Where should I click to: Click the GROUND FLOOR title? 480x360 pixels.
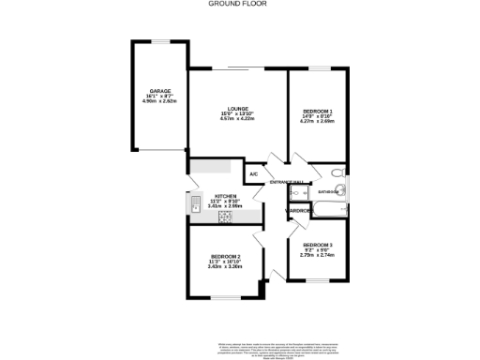239,4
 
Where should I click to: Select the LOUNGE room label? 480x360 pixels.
236,109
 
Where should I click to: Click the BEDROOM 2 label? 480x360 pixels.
225,256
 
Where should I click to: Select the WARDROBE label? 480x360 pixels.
299,211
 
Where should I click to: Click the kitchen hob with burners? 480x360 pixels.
226,217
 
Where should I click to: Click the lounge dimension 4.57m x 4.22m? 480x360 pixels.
236,119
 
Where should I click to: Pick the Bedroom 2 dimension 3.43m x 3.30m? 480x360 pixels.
225,266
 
